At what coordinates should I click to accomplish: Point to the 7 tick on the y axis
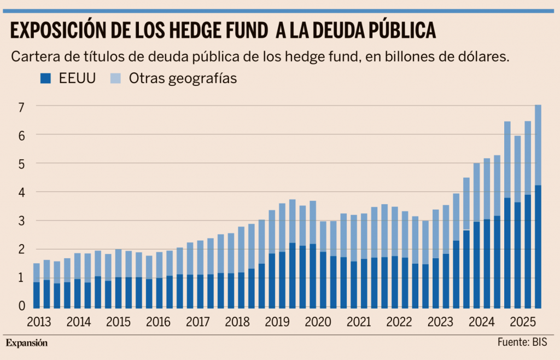[x=22, y=107]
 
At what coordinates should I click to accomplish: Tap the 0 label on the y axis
[x=22, y=306]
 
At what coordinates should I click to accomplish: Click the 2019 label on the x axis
[x=277, y=321]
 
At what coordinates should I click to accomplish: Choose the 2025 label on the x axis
[x=516, y=321]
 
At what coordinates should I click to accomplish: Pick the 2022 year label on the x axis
[x=397, y=321]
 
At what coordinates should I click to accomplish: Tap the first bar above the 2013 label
[x=37, y=285]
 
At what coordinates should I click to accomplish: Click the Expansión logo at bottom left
[x=27, y=343]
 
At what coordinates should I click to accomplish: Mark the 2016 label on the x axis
[x=158, y=321]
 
